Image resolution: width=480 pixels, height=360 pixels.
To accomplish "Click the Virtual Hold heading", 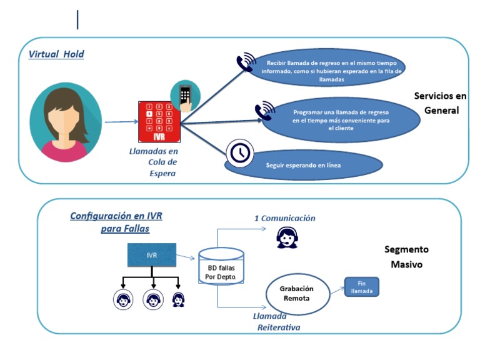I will click(x=56, y=54).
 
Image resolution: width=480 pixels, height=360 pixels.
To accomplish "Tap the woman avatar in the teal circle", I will click(x=66, y=120).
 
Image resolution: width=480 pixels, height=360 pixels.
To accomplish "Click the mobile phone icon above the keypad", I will click(x=185, y=96).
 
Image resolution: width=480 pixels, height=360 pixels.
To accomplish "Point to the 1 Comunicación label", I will click(x=284, y=218).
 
